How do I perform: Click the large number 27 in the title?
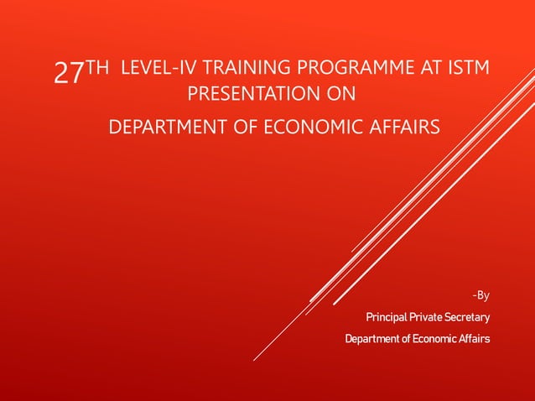pos(68,74)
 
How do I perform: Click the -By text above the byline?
pos(480,294)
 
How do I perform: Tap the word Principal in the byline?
pos(388,317)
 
